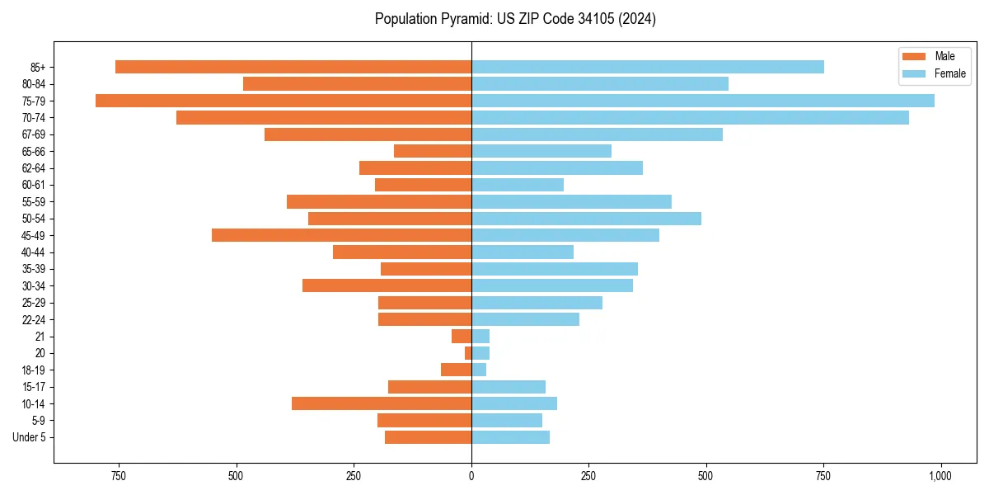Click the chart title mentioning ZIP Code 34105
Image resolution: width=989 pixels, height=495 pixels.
pyautogui.click(x=515, y=19)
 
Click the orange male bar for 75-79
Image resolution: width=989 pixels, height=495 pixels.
pyautogui.click(x=284, y=101)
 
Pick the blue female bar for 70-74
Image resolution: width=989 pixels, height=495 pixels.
pyautogui.click(x=690, y=118)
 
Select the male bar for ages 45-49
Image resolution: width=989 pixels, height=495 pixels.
pyautogui.click(x=341, y=235)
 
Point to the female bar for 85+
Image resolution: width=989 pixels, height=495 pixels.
pyautogui.click(x=648, y=67)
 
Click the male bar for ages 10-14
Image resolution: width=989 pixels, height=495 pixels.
pyautogui.click(x=382, y=403)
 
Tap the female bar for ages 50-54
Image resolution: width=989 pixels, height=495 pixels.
pyautogui.click(x=586, y=219)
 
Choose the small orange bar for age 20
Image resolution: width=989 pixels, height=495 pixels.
pyautogui.click(x=468, y=353)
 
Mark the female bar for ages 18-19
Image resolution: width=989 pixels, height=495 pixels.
pyautogui.click(x=479, y=370)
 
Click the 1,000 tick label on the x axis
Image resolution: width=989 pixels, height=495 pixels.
pyautogui.click(x=940, y=476)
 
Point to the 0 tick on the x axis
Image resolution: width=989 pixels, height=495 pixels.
pyautogui.click(x=471, y=476)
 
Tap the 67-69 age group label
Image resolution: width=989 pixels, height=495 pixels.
pyautogui.click(x=34, y=134)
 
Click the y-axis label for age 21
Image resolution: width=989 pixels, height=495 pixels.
pyautogui.click(x=40, y=337)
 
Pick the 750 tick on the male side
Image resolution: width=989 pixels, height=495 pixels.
pyautogui.click(x=119, y=476)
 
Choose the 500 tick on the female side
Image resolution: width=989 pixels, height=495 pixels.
pyautogui.click(x=705, y=476)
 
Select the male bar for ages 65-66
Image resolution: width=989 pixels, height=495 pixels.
pyautogui.click(x=433, y=151)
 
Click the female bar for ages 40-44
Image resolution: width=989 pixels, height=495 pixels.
pyautogui.click(x=523, y=252)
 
